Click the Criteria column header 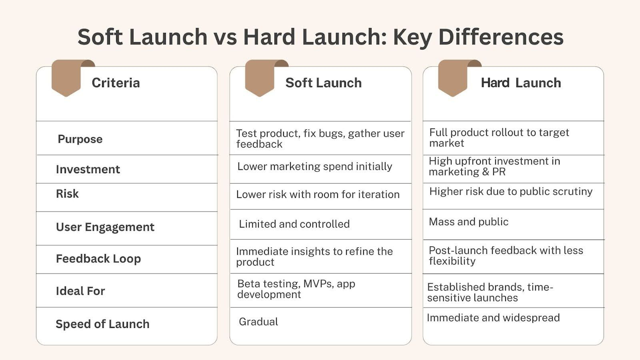click(x=116, y=83)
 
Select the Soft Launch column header click(x=323, y=83)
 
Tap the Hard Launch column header click(x=521, y=83)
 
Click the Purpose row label click(x=80, y=139)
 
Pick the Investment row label click(x=88, y=169)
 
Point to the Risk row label click(x=67, y=194)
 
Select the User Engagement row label click(x=105, y=227)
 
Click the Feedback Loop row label click(x=98, y=259)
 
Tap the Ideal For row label click(x=80, y=291)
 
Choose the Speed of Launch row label click(x=102, y=324)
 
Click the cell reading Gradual click(x=258, y=322)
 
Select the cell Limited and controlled click(x=294, y=224)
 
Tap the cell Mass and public click(x=468, y=222)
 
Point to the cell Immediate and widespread click(x=493, y=318)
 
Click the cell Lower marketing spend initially click(x=314, y=166)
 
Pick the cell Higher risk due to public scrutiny click(x=511, y=191)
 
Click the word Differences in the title click(x=501, y=37)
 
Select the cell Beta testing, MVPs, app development click(x=296, y=289)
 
